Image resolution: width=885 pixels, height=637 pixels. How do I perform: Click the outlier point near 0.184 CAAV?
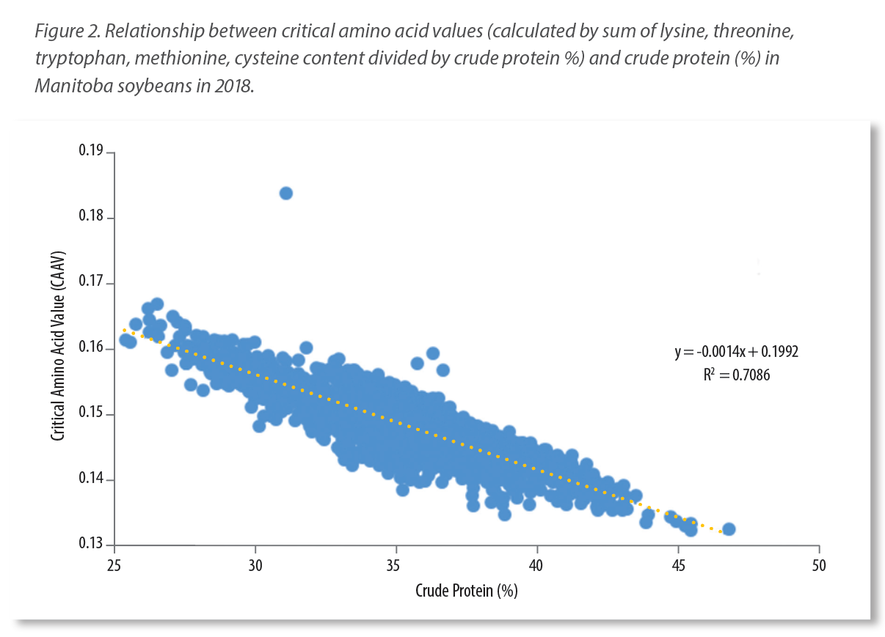pos(286,193)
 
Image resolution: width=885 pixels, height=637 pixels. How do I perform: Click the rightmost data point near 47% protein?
pos(729,529)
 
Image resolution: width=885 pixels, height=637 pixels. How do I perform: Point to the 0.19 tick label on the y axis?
pos(92,152)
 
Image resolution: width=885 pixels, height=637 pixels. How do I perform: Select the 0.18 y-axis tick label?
pos(92,218)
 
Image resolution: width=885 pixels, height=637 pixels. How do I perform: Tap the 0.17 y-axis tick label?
pos(92,284)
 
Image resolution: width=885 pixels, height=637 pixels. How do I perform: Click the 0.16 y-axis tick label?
pos(92,349)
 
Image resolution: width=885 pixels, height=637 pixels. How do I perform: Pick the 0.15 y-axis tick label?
pos(92,414)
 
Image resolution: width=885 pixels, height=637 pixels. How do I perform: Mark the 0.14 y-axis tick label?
pos(92,480)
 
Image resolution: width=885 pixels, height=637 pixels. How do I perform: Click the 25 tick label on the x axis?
pos(114,567)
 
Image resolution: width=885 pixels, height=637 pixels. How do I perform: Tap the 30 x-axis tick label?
pos(255,567)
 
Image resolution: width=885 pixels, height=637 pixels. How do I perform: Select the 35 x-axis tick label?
pos(396,567)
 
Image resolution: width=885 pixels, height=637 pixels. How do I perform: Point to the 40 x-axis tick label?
pos(537,567)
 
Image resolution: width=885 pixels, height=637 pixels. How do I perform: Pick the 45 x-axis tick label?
pos(678,567)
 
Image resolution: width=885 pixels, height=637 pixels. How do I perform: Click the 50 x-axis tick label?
pos(819,567)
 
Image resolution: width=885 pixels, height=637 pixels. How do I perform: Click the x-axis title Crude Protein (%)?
pos(467,590)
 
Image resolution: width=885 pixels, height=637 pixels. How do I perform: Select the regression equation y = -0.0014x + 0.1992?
pos(736,352)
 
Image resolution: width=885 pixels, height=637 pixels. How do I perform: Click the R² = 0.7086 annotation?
pos(736,375)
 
